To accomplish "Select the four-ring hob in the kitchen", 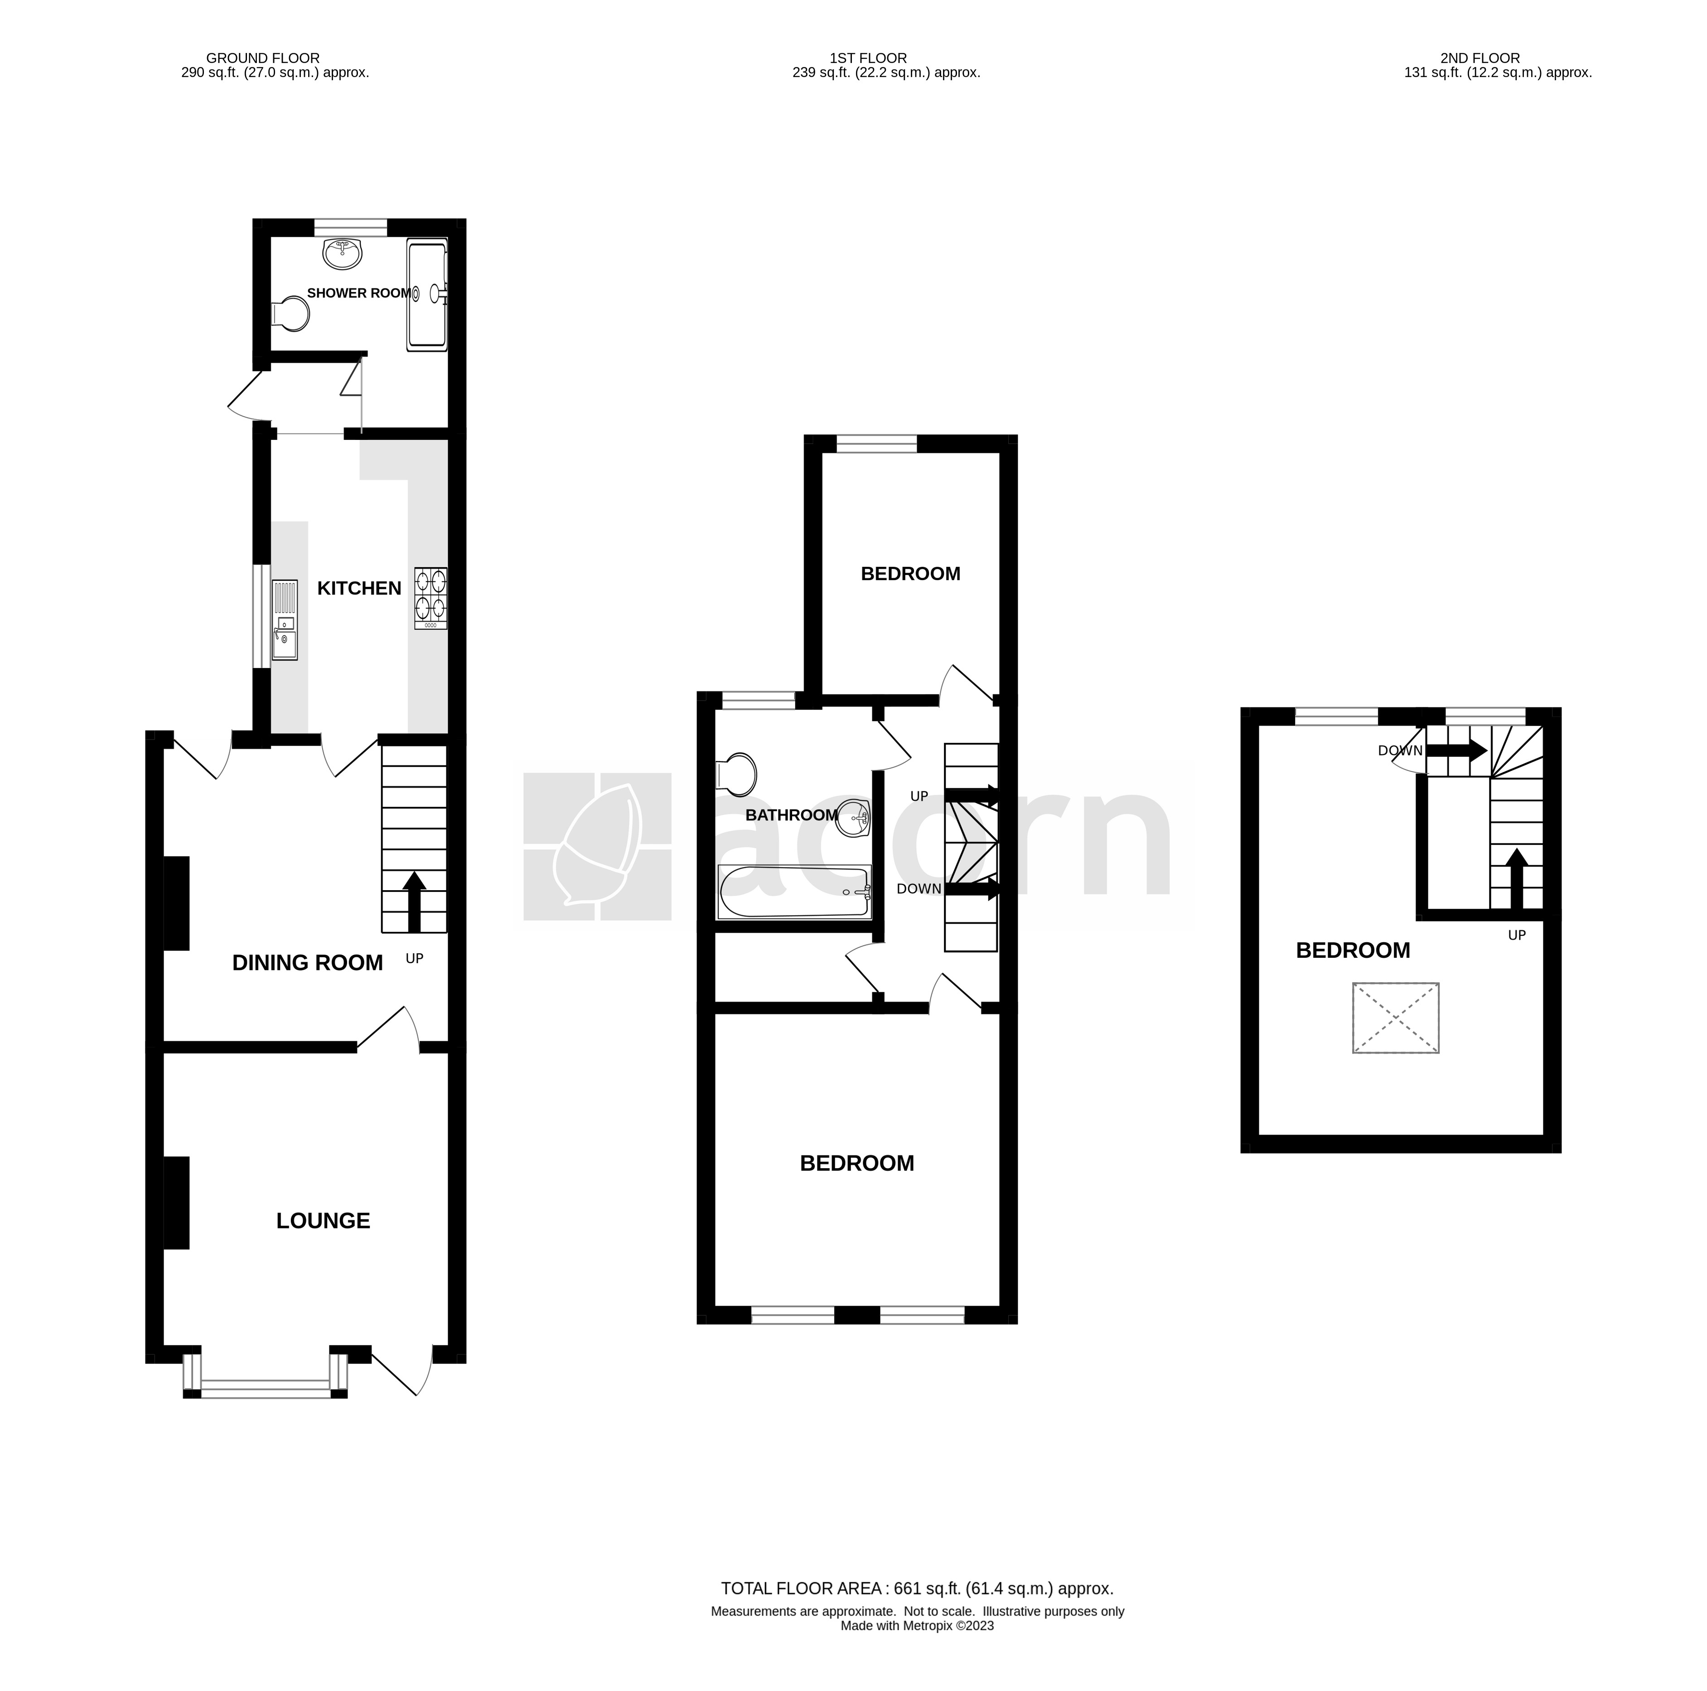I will pos(430,598).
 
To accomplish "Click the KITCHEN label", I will pos(359,588).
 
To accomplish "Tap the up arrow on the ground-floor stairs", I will pos(414,900).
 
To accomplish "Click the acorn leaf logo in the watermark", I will pos(597,846).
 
